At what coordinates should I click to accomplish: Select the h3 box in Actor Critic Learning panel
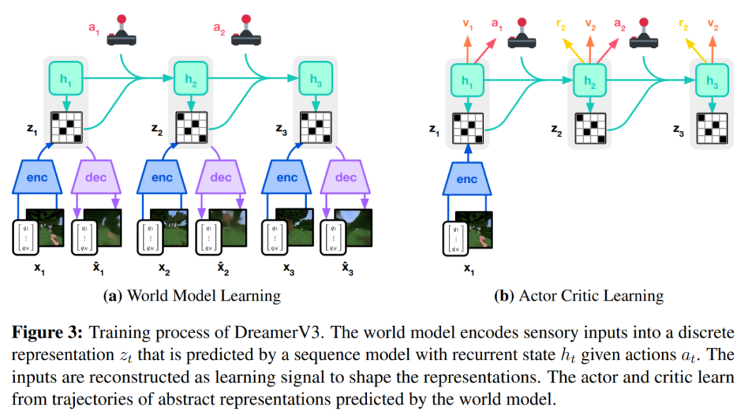[713, 80]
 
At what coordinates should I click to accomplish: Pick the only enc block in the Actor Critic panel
[467, 179]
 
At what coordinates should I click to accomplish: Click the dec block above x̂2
[221, 178]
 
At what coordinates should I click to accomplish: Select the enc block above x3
[287, 178]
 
